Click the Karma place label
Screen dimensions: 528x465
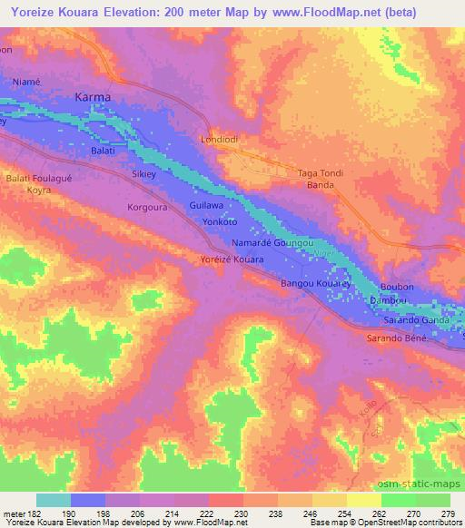click(93, 96)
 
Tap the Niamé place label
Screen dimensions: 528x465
click(26, 82)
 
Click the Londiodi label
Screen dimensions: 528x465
click(218, 140)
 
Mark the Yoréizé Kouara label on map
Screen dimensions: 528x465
click(232, 259)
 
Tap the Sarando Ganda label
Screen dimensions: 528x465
click(415, 320)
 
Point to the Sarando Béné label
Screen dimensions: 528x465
click(404, 337)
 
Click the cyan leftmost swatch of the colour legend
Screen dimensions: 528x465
click(54, 500)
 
